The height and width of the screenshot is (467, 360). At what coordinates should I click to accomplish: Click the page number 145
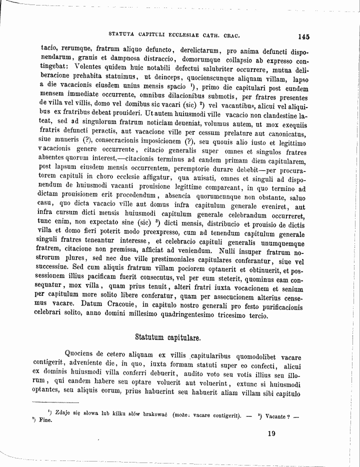pos(303,36)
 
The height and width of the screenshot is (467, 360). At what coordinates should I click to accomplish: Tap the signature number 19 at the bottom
pos(271,433)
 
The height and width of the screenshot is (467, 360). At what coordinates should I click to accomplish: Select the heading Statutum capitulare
pos(168,337)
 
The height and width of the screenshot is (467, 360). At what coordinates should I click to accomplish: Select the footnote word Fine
pos(48,420)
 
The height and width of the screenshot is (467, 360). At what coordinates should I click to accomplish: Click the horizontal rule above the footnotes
pos(55,402)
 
